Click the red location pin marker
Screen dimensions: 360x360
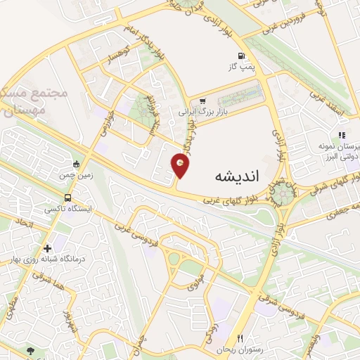182,165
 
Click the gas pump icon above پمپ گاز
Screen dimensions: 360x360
242,56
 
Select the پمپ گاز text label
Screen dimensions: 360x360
241,66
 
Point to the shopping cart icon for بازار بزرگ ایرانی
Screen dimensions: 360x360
202,101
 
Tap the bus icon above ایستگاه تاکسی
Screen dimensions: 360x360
67,198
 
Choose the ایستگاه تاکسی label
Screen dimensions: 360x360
64,209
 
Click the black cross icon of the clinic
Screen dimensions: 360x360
47,247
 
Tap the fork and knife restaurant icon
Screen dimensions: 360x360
240,338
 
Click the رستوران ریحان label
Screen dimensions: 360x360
237,349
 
